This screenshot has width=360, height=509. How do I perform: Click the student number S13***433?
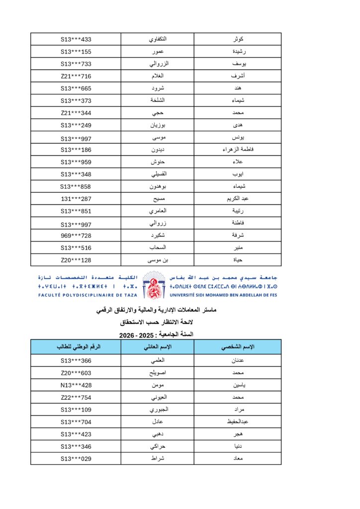76,39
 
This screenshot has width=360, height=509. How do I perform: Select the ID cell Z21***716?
76,76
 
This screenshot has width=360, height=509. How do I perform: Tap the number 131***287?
76,199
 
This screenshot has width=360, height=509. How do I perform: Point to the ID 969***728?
76,236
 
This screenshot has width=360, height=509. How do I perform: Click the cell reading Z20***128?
76,260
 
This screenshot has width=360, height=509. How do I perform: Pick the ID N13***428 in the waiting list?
76,385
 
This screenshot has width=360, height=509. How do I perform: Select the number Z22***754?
76,397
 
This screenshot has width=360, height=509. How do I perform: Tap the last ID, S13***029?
76,458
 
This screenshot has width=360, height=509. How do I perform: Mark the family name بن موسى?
158,260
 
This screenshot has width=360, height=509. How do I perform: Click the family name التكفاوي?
158,39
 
